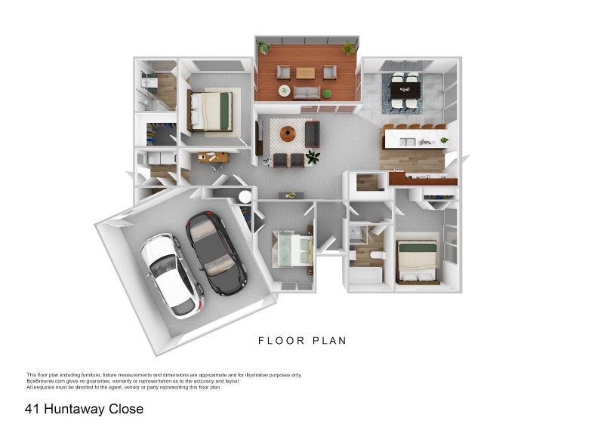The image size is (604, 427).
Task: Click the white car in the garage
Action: point(172,275)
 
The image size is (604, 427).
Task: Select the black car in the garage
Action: point(216,253)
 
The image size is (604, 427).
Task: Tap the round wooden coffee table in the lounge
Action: point(288,134)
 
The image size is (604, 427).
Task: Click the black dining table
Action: point(405,91)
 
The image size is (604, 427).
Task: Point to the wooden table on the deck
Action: point(306,72)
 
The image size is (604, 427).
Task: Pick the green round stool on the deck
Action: point(327,94)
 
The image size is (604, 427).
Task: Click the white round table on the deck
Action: point(285,91)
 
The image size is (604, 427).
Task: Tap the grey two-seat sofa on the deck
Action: point(307,93)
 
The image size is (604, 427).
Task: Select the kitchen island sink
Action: point(407,142)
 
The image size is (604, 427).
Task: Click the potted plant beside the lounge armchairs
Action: point(313,157)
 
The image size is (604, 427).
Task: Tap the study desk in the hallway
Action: point(213,157)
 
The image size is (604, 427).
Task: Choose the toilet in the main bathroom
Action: point(377,255)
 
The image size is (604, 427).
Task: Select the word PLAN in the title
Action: point(329,341)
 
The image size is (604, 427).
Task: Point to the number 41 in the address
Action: point(32,409)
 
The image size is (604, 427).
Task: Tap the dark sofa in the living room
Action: point(313,134)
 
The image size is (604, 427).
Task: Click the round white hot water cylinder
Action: point(245,197)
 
